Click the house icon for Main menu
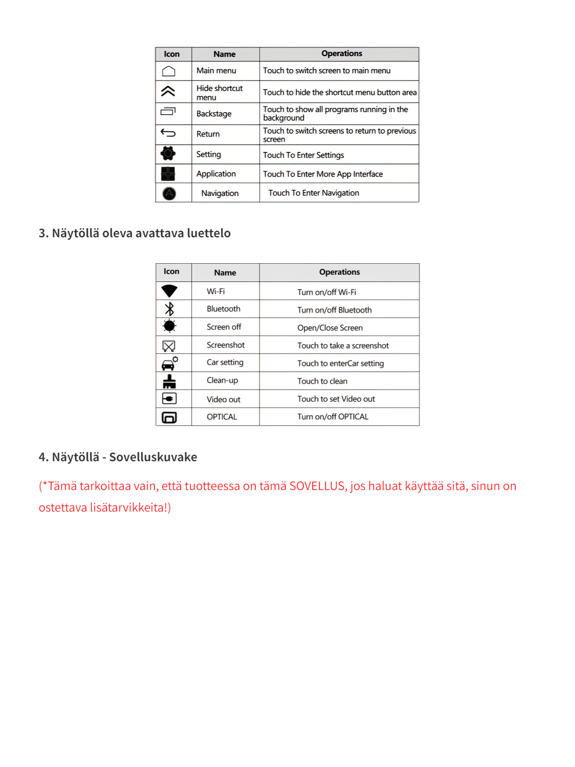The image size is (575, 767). [169, 71]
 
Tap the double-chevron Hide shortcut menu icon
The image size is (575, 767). [168, 91]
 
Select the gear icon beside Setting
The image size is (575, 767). [168, 154]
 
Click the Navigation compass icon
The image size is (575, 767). [169, 193]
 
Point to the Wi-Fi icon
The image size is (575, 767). [169, 291]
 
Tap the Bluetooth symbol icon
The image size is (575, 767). [169, 309]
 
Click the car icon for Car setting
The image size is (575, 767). [169, 363]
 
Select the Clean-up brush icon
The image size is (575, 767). [169, 381]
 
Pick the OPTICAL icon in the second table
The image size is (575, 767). [169, 417]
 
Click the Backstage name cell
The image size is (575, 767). [214, 114]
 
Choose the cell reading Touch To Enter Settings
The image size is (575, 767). [303, 155]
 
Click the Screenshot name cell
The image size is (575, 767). [226, 345]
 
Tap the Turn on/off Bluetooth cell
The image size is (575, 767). [334, 310]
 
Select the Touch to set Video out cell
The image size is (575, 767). [336, 399]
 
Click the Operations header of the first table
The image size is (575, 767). [342, 54]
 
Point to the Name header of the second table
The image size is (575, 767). [225, 273]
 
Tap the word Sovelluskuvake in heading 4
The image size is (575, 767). [153, 457]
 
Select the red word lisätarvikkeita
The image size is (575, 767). [127, 508]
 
